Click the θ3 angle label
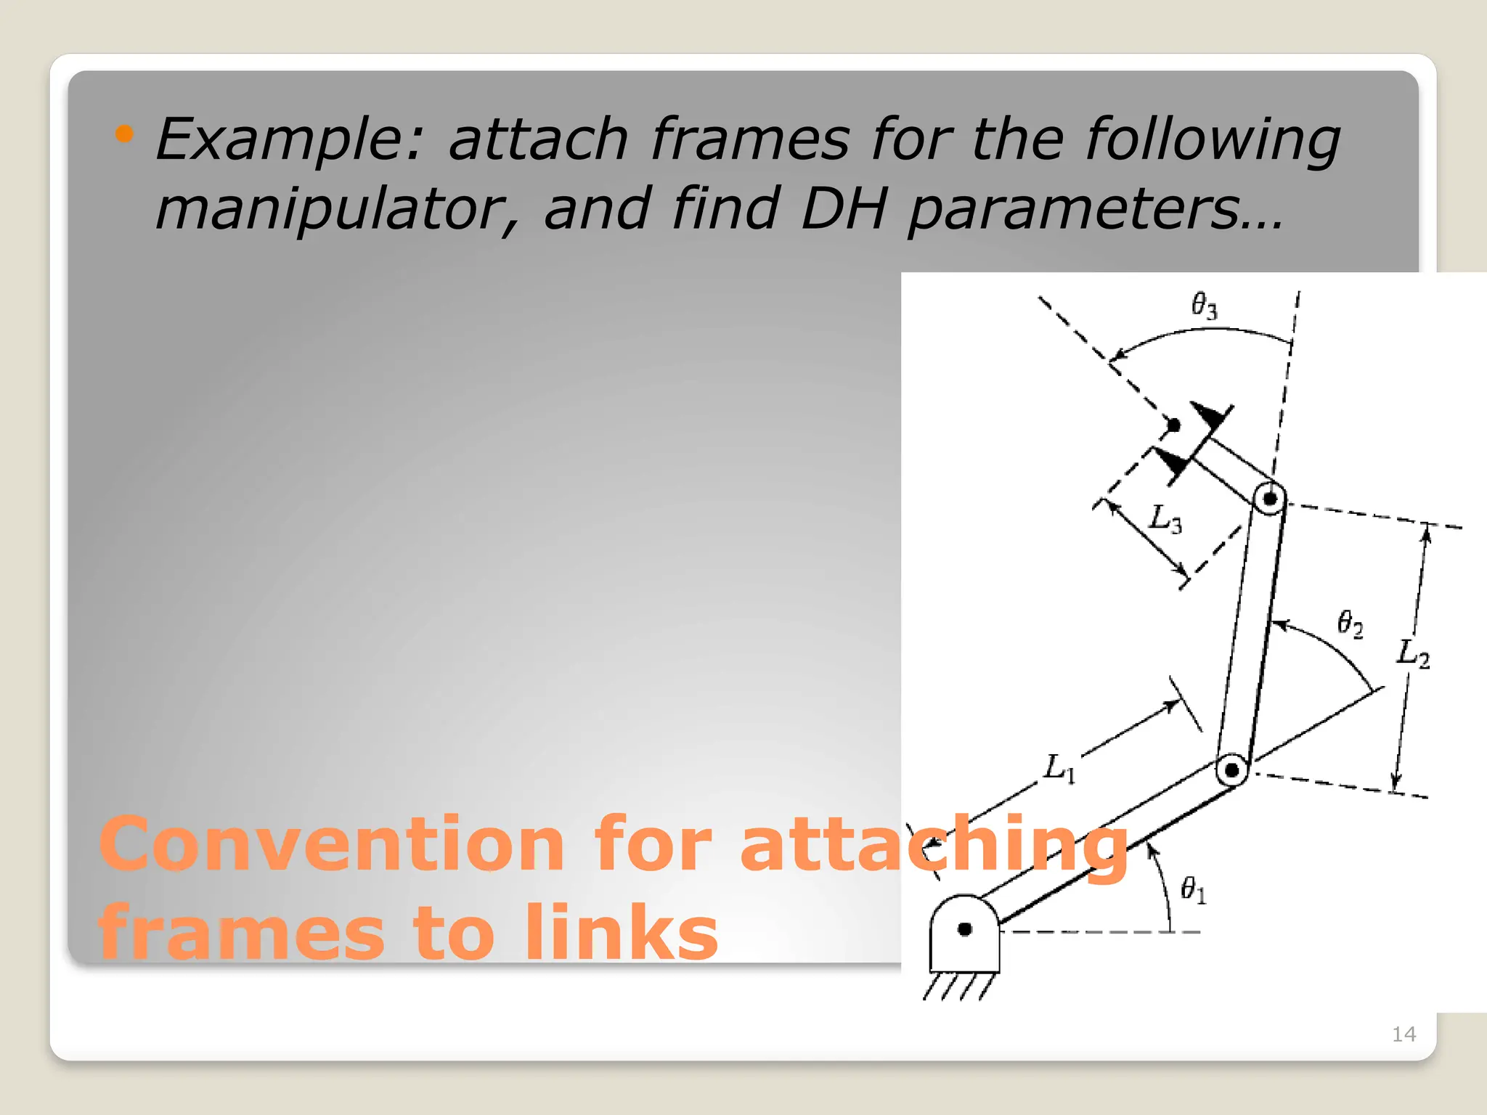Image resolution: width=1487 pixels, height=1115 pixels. [x=1205, y=306]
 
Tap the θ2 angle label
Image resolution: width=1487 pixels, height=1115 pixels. [x=1350, y=624]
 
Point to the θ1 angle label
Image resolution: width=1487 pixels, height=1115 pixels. [x=1194, y=889]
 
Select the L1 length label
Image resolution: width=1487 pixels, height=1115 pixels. [x=1059, y=768]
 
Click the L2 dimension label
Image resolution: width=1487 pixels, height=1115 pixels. [x=1413, y=653]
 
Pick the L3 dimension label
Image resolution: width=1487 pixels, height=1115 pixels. [x=1165, y=519]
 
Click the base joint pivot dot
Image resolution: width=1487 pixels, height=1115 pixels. [x=965, y=929]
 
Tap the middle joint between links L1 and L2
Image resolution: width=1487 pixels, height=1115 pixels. [x=1232, y=769]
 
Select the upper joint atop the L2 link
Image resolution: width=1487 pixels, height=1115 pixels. [x=1270, y=499]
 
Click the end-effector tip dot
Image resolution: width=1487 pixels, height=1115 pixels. [x=1173, y=425]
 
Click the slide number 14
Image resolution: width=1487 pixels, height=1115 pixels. [x=1404, y=1034]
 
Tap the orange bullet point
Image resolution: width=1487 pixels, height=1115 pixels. [x=125, y=134]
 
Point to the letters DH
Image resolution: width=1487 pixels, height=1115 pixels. [x=844, y=209]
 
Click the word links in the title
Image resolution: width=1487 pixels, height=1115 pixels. [x=621, y=933]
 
